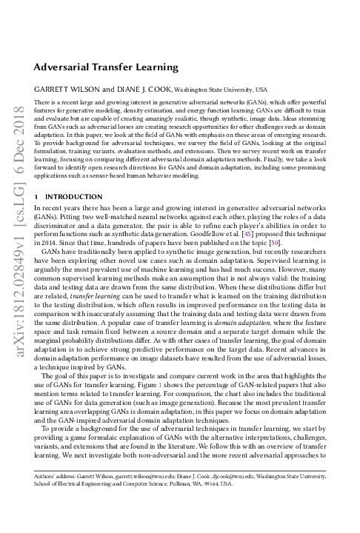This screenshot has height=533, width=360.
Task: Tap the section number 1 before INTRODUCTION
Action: pyautogui.click(x=37, y=197)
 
